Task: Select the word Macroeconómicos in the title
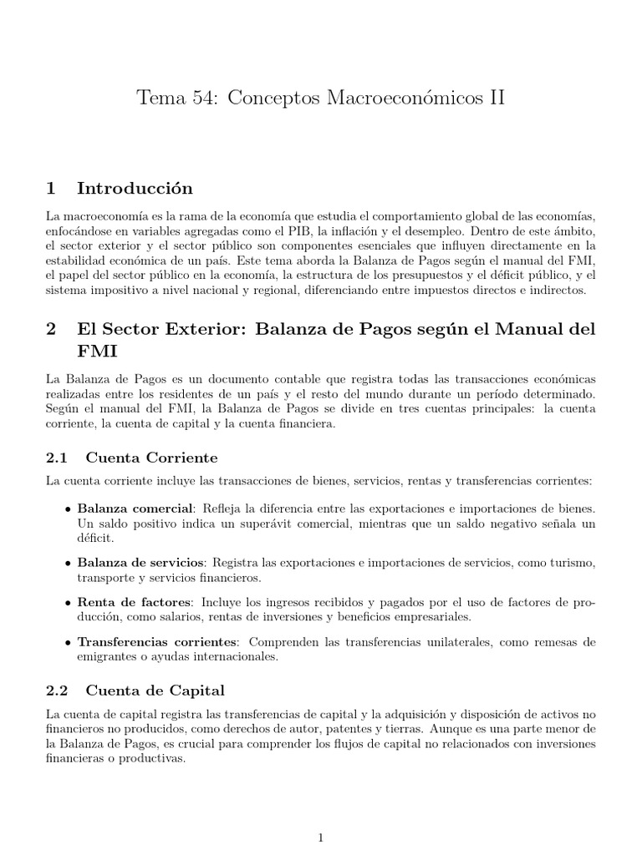(410, 99)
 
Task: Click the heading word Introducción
(135, 188)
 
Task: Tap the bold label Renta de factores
(135, 602)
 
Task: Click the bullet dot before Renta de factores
(67, 603)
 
